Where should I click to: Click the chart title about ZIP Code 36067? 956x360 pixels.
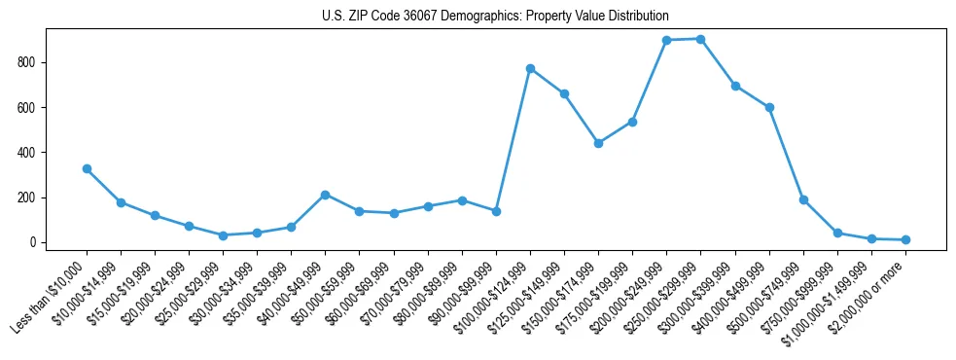click(x=495, y=17)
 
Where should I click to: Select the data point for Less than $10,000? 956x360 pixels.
click(x=87, y=168)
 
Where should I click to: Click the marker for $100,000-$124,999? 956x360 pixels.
click(x=530, y=68)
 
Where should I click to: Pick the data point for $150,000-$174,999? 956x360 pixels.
click(x=598, y=143)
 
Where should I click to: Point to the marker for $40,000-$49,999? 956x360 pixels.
click(x=325, y=195)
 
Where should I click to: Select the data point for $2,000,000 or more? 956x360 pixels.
click(x=905, y=239)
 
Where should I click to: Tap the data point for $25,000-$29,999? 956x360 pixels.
click(x=223, y=235)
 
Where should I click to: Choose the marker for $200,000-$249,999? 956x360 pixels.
click(x=666, y=40)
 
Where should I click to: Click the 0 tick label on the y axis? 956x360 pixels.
click(x=33, y=242)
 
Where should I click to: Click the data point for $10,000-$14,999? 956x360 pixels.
click(x=121, y=202)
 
